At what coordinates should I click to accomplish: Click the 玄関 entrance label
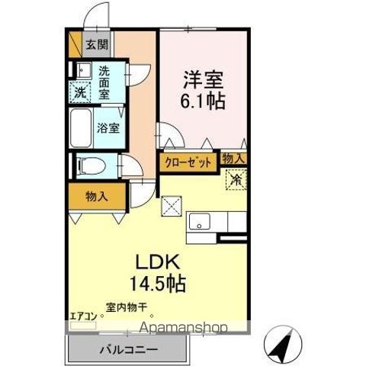coord(97,43)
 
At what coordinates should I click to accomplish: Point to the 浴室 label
coord(108,128)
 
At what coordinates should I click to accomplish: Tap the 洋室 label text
coord(202,79)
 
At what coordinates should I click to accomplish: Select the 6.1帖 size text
coord(202,100)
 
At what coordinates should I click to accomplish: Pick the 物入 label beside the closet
coord(233,159)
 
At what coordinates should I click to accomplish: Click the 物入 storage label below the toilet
coord(96,197)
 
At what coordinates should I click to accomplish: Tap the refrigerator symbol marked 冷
coord(236,180)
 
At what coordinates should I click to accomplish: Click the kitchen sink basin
coord(201,222)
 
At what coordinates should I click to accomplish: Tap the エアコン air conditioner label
coord(83,314)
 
